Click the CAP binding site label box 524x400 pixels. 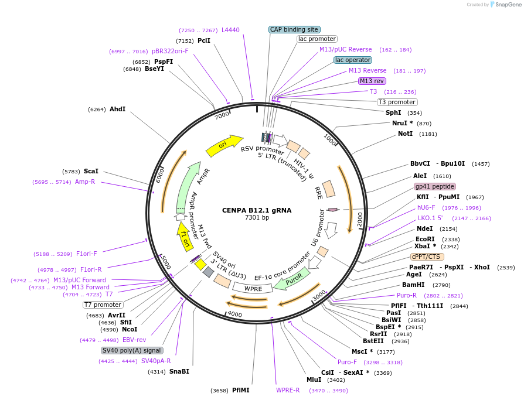tap(294, 29)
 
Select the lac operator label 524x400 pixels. tap(353, 60)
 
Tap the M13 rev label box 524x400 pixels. tap(372, 81)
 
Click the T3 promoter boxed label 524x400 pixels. tap(396, 102)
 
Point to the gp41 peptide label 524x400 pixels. tap(435, 186)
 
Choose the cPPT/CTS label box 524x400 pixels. tap(427, 257)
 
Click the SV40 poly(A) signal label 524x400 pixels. tap(132, 350)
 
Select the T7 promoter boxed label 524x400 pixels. tap(103, 305)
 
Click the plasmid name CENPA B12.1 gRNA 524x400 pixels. tap(257, 210)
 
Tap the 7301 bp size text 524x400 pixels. tap(257, 218)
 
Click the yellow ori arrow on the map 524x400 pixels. tap(224, 145)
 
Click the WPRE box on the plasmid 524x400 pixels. tap(253, 288)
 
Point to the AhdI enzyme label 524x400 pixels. tap(117, 109)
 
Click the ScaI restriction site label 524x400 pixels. tap(91, 171)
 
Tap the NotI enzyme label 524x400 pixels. tap(406, 134)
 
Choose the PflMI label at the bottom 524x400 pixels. tap(241, 389)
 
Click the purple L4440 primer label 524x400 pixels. tap(230, 30)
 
